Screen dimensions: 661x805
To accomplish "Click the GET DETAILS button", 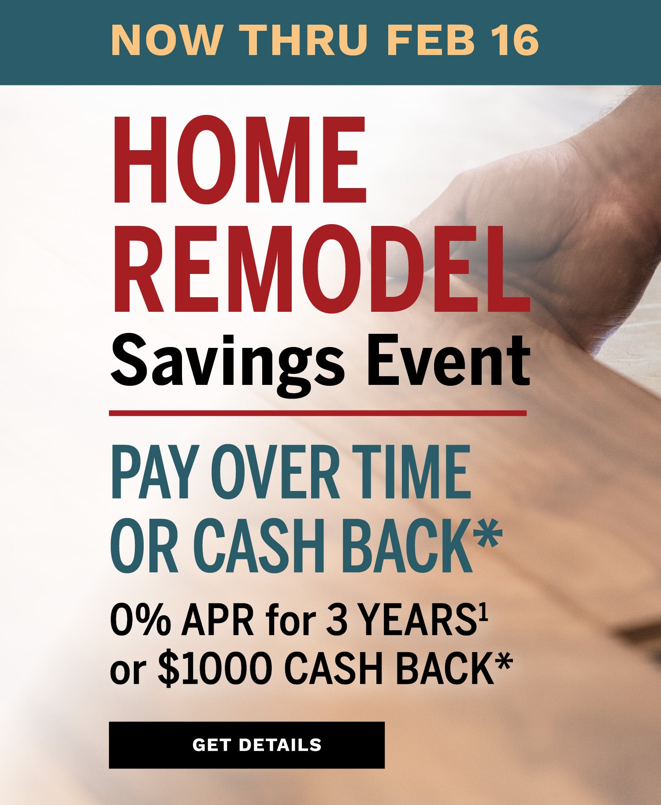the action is coord(247,745).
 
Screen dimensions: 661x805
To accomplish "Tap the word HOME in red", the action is coord(240,160).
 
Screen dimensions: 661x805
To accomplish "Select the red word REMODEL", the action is coord(321,268).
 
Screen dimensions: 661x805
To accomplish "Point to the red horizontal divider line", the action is coord(318,413).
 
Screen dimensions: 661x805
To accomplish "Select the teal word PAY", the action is coord(152,472).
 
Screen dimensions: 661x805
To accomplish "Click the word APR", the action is coord(218,621).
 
